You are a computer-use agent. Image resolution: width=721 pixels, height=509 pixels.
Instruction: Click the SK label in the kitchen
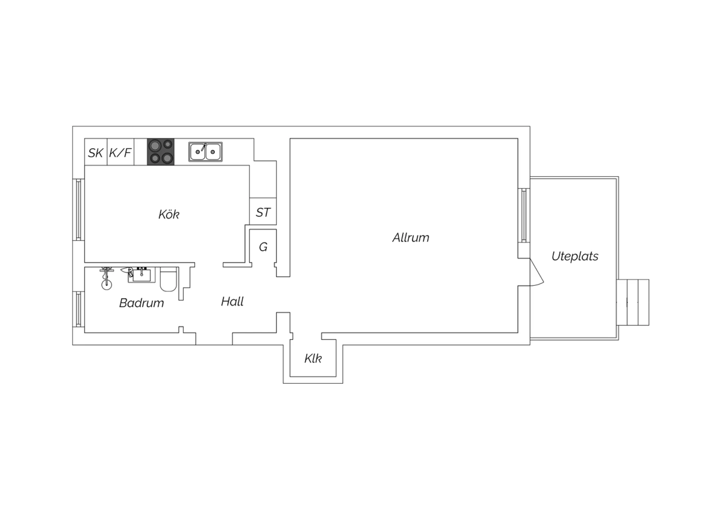(95, 153)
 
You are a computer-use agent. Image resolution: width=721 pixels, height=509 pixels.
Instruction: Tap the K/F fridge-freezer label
(120, 152)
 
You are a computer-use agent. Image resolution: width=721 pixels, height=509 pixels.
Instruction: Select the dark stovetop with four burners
(161, 152)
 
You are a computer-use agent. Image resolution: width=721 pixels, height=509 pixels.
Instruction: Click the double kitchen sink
(205, 152)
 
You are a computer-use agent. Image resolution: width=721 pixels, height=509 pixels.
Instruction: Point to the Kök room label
(169, 215)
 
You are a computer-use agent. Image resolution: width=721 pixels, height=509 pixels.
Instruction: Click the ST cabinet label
(263, 213)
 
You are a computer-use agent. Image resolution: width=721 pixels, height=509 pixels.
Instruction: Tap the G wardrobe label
(263, 247)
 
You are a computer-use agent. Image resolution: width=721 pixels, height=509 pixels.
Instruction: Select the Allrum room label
(410, 238)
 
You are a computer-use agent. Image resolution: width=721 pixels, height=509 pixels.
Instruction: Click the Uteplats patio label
(575, 256)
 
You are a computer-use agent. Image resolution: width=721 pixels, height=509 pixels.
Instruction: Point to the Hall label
(232, 302)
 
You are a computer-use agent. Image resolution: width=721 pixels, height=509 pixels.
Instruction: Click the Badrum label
(141, 303)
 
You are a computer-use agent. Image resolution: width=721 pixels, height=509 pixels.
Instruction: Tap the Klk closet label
(313, 358)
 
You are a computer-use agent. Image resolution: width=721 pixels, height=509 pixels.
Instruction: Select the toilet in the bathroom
(168, 279)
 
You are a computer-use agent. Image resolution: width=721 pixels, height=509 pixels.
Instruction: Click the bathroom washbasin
(141, 275)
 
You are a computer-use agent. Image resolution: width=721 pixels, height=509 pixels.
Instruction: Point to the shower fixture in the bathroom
(107, 279)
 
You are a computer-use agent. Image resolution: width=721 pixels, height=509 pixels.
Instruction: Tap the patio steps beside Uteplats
(633, 302)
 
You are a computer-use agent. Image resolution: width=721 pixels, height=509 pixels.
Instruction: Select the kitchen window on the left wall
(78, 210)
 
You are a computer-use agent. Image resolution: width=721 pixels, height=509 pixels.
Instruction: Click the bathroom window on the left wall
(78, 309)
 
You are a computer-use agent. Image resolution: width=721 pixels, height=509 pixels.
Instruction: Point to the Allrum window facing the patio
(524, 215)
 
